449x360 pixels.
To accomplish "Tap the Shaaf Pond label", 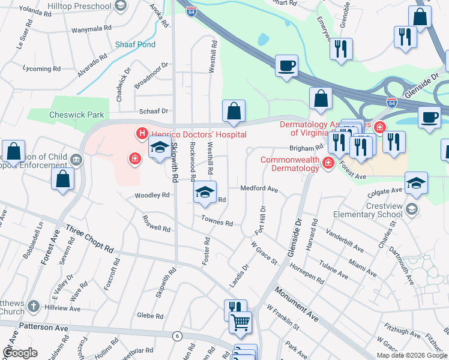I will (136, 44).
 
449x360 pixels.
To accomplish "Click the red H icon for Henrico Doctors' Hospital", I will (142, 133).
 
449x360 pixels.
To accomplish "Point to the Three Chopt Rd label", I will (89, 239).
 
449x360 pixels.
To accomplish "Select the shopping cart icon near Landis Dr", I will (241, 322).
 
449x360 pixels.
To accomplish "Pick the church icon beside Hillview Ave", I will (34, 306).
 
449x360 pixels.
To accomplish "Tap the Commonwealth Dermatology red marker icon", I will (328, 163).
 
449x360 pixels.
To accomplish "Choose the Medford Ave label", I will (259, 188).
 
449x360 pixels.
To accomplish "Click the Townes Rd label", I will (217, 221).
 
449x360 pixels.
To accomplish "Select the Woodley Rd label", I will (152, 196).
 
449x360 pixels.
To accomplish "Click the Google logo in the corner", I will (20, 353).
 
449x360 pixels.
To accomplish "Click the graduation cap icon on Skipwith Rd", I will (160, 147).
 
